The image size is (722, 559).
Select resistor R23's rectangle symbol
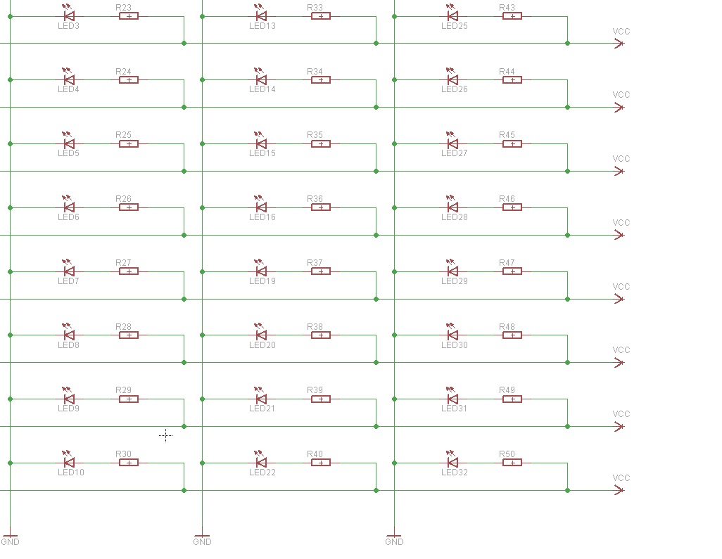point(129,17)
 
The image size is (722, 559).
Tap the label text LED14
point(262,89)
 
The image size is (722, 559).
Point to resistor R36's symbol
point(321,207)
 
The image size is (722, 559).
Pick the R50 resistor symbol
point(512,463)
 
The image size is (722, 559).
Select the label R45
point(507,135)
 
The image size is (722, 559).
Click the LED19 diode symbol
point(260,269)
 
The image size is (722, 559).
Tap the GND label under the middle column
point(202,542)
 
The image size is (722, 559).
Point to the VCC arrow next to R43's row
point(619,44)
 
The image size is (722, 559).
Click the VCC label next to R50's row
point(621,477)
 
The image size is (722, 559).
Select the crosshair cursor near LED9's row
point(166,435)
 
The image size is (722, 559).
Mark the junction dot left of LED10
point(10,463)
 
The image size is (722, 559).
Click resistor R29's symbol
point(129,399)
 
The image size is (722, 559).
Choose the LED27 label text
point(455,153)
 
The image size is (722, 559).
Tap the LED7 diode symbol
point(68,269)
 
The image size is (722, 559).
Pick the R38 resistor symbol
point(321,335)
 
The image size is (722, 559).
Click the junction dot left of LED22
point(202,463)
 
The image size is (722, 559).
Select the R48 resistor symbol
point(512,335)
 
